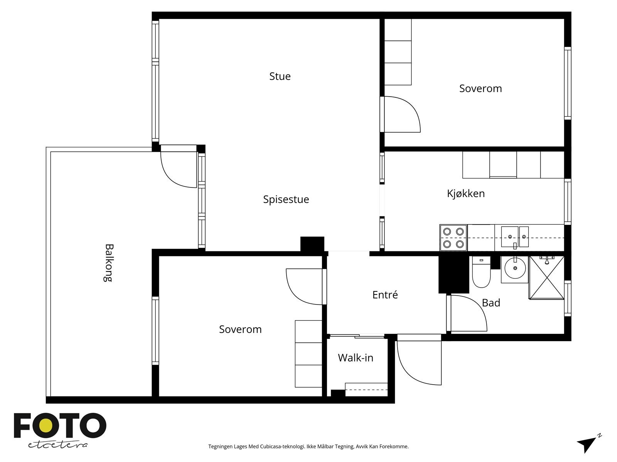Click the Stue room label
point(280,76)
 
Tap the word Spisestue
point(286,199)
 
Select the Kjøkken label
point(466,194)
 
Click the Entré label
point(385,295)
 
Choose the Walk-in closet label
point(356,358)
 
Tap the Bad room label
point(491,303)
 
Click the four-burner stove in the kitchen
point(453,238)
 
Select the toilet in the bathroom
point(481,272)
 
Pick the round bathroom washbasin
point(515,268)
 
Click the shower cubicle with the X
point(547,278)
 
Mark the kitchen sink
point(515,237)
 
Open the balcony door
point(179,167)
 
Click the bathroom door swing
point(467,313)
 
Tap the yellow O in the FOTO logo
point(46,425)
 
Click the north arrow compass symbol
point(588,444)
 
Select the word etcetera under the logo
point(58,445)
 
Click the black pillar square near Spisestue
point(312,244)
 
